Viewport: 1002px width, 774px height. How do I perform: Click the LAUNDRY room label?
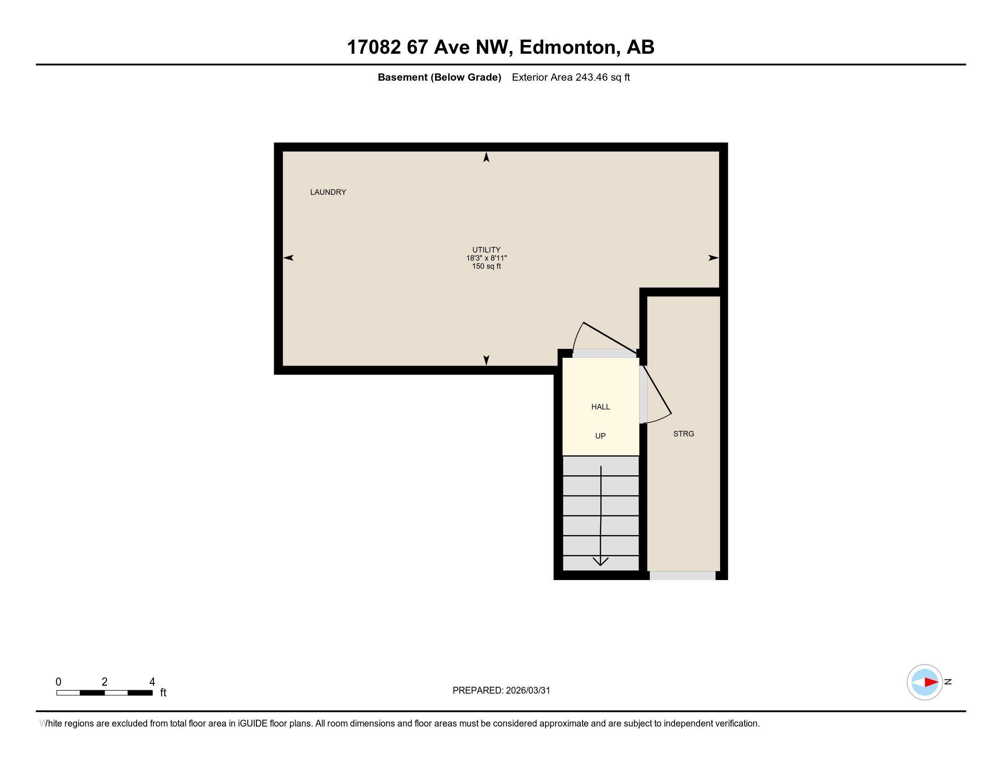[x=328, y=192]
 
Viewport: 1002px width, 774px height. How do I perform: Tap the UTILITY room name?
[x=486, y=250]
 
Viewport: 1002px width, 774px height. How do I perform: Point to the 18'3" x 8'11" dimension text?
[x=486, y=258]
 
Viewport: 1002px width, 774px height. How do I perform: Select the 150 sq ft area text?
[x=486, y=266]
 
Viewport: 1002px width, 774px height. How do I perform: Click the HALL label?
[x=601, y=407]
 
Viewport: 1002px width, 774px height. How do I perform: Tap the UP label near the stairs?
[x=601, y=436]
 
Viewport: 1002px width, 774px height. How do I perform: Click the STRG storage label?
[x=684, y=434]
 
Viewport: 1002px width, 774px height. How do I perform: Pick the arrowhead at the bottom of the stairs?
[x=601, y=562]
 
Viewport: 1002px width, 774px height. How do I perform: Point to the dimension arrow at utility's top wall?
[x=486, y=157]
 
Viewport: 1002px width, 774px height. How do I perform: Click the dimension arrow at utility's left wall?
[x=288, y=258]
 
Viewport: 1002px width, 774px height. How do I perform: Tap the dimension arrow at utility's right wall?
[x=713, y=258]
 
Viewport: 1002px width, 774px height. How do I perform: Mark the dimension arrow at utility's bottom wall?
[x=486, y=361]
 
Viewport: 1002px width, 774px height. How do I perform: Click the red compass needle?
[x=931, y=682]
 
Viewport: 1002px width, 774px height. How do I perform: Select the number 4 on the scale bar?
[x=152, y=682]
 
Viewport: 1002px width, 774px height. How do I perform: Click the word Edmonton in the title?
[x=567, y=47]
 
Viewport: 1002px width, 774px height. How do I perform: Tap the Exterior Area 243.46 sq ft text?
[x=571, y=77]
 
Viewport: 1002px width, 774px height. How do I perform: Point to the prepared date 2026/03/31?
[x=527, y=691]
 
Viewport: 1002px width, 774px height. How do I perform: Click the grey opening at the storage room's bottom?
[x=682, y=575]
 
